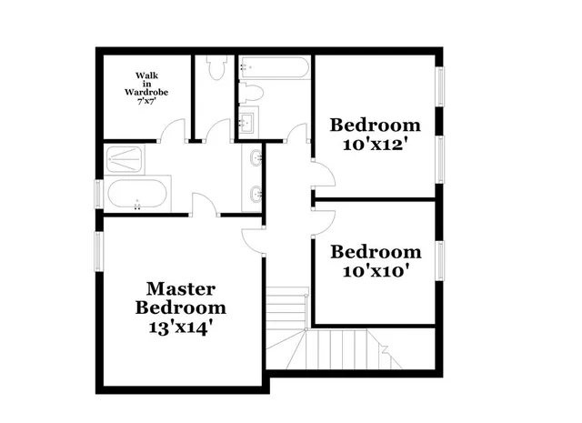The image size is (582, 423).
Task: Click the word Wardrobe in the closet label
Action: [145, 91]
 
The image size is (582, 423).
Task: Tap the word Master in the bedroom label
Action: [181, 289]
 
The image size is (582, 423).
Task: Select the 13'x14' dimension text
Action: [181, 327]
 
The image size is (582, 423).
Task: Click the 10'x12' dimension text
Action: [376, 144]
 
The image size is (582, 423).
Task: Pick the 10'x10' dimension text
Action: [376, 271]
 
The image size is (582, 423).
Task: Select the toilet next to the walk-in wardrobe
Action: [216, 69]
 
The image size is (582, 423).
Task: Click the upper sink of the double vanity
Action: [256, 160]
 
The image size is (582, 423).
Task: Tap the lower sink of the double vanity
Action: [256, 193]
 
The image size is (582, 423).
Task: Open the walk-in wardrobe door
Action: [170, 135]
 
